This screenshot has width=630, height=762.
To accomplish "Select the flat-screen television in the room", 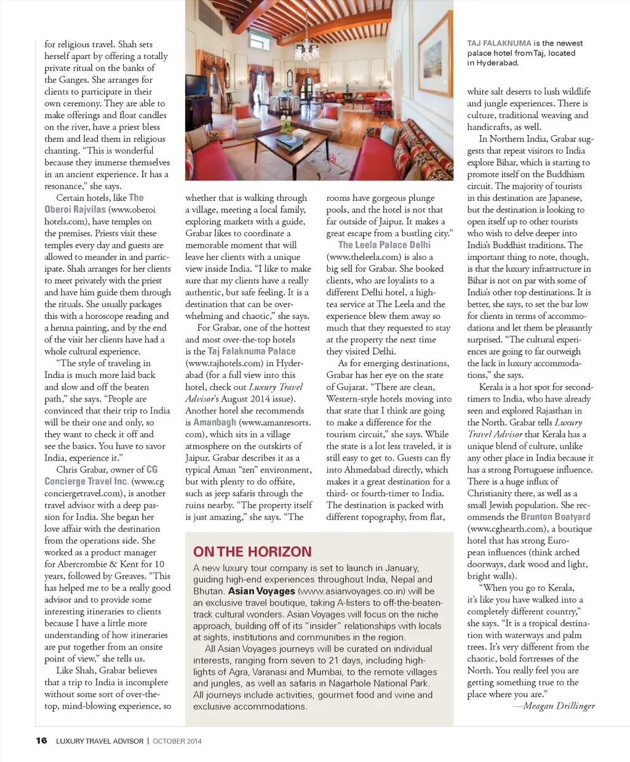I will [x=196, y=85].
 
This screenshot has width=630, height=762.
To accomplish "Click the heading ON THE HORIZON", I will [x=252, y=552].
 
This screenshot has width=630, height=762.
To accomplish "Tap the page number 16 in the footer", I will [x=41, y=740].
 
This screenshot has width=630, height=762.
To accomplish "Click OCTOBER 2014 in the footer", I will [x=177, y=741].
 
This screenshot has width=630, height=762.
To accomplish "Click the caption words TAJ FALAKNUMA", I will [x=499, y=43].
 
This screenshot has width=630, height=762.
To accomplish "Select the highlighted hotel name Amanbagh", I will [x=215, y=423].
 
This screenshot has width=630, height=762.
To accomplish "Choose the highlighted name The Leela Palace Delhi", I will [x=385, y=245].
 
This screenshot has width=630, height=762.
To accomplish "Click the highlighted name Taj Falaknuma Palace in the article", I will [x=252, y=352].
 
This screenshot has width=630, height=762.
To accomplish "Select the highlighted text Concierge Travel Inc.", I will [x=86, y=481].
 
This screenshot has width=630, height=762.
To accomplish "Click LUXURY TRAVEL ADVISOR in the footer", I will [x=100, y=741].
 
